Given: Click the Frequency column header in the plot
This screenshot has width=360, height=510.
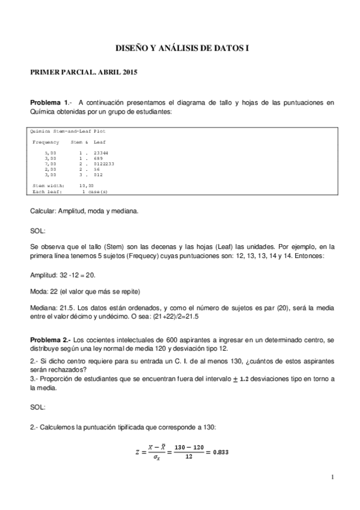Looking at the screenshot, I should pos(46,142).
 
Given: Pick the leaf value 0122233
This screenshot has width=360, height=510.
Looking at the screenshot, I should pos(100,164).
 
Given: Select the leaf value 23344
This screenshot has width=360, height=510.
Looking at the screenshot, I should pos(97,154).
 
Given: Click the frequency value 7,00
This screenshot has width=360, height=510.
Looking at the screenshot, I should pos(50,164).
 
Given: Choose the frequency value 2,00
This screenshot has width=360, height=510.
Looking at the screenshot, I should pos(50,169).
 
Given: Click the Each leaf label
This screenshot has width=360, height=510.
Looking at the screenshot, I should pos(45,191).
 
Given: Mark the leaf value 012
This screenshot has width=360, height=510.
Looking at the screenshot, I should pos(93,174).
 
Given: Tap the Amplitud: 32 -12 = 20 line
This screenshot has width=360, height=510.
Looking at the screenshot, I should pos(63,274).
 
